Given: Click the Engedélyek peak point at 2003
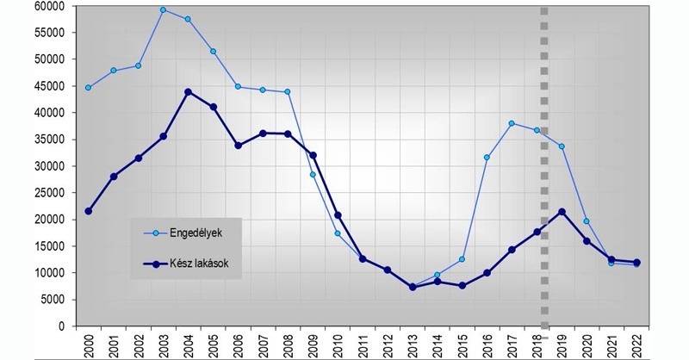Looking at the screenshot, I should click(163, 10).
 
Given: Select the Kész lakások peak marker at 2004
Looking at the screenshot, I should click(188, 92).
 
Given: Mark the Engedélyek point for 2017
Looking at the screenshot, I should click(512, 123).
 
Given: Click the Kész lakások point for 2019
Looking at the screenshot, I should click(562, 212).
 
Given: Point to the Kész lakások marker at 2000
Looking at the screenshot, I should click(88, 211).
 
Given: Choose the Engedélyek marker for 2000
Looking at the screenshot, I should click(88, 87).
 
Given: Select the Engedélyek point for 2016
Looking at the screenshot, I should click(487, 158).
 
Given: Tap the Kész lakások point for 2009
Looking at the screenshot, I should click(313, 156).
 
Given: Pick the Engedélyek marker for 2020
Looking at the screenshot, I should click(587, 221).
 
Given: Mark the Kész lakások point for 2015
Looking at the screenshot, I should click(462, 285).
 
